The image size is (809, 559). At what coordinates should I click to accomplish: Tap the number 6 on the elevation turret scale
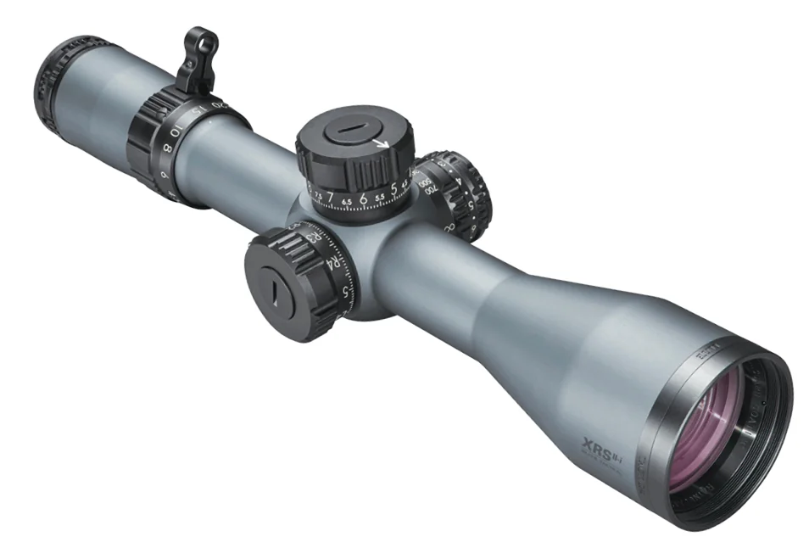pyautogui.click(x=362, y=199)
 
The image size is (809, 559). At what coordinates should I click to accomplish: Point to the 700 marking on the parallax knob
pyautogui.click(x=431, y=193)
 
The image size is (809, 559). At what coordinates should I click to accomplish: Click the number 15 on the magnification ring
pyautogui.click(x=196, y=113)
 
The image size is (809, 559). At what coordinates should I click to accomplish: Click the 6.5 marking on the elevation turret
pyautogui.click(x=346, y=201)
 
